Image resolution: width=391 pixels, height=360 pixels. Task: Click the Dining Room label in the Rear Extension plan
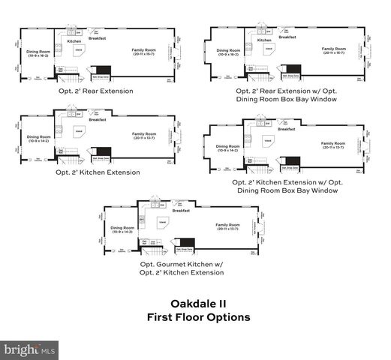point(39,54)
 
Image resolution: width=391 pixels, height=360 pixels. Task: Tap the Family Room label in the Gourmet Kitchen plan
point(227,226)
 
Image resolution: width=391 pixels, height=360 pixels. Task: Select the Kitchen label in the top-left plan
point(74,41)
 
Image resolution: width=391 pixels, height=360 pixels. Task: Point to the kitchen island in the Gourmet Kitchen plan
point(162,223)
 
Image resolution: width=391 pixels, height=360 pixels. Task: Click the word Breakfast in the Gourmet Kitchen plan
point(181,211)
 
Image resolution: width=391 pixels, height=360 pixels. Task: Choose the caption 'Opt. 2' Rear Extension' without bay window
point(95,91)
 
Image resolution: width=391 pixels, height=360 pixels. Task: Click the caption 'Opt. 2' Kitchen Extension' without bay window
point(98,172)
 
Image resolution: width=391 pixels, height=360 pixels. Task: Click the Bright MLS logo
point(30,349)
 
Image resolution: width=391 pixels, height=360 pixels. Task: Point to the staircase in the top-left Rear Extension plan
point(69,76)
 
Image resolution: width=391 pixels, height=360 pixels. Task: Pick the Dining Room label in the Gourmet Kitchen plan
point(122,229)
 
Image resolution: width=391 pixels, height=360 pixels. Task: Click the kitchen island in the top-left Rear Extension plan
point(78,50)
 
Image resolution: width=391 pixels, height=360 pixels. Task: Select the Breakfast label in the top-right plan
point(287,37)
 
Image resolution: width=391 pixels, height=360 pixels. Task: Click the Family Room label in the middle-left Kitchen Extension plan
point(144,136)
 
